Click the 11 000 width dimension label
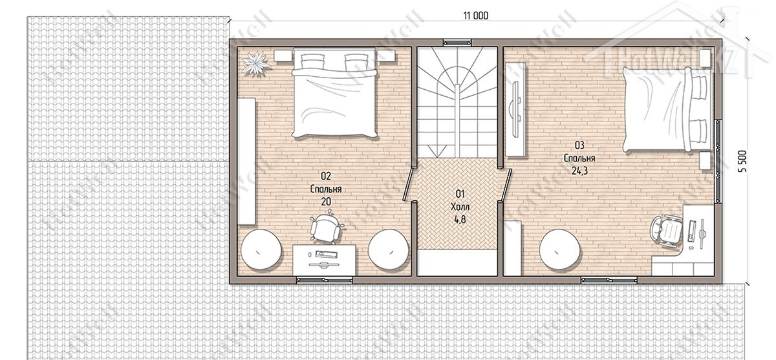pos(476,16)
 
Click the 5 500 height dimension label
pos(743,162)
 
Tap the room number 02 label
pos(326,176)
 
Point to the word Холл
pos(460,207)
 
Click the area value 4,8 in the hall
pos(460,220)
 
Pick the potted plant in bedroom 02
pos(255,63)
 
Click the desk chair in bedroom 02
pos(326,227)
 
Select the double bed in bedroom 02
pos(334,93)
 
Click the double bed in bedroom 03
pos(667,109)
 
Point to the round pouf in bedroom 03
pos(559,249)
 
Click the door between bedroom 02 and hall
pos(409,184)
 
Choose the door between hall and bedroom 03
pos(506,184)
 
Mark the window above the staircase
pos(458,43)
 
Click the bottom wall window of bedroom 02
pos(325,280)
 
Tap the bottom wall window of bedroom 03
pos(609,280)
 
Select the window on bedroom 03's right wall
pos(718,161)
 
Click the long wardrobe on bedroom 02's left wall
pos(246,162)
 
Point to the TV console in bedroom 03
pos(516,109)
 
